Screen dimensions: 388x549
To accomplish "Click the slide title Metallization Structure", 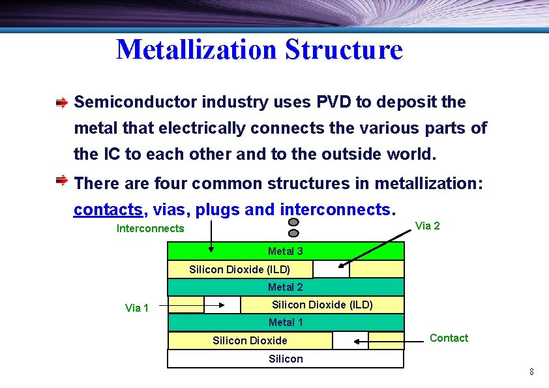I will [x=260, y=50].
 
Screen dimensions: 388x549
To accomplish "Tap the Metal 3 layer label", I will [x=285, y=251].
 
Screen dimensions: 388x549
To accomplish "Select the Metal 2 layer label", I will [x=285, y=287].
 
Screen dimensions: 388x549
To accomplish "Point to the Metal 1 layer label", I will [x=286, y=322].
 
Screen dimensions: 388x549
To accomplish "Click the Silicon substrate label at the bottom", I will [x=286, y=359].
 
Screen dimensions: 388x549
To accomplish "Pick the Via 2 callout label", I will [x=427, y=226].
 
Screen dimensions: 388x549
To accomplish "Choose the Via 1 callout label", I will [x=136, y=308].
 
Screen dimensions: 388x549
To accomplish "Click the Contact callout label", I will [x=449, y=338].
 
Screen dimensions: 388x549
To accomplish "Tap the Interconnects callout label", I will [x=150, y=228].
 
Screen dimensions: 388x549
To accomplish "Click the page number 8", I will [x=531, y=372].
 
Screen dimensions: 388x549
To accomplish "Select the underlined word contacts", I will [x=108, y=209].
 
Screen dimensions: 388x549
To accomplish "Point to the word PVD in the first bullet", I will [x=335, y=102].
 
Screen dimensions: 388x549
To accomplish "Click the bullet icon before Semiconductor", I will [x=61, y=102].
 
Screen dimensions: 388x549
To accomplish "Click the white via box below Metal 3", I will [x=331, y=269].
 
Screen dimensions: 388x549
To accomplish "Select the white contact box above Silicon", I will [x=350, y=340].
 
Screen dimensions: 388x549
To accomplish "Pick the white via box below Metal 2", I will [x=222, y=305].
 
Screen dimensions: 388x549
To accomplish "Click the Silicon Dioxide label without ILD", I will [x=250, y=340].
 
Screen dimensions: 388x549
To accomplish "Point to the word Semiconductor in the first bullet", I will [x=136, y=102].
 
